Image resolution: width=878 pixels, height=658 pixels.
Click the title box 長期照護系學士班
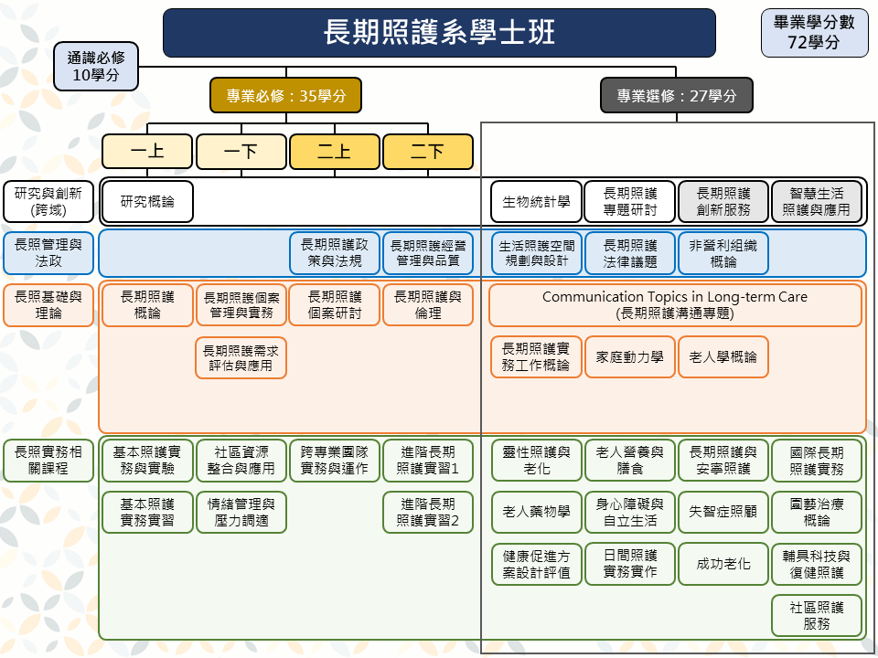tap(439, 33)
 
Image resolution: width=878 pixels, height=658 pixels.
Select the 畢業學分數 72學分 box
tap(813, 33)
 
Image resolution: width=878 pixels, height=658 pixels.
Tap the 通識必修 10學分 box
tap(96, 67)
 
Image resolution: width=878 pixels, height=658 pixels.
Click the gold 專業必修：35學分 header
tap(285, 95)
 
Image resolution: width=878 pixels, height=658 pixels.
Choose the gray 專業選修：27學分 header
tap(676, 95)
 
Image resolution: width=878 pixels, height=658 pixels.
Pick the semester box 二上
tap(334, 152)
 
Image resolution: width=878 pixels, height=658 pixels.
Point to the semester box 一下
tap(241, 152)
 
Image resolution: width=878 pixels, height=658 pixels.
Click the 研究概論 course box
tap(147, 201)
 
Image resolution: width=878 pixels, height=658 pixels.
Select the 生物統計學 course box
tap(536, 201)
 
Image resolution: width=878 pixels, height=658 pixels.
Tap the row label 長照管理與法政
tap(48, 253)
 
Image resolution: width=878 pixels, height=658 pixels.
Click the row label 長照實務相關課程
tap(48, 461)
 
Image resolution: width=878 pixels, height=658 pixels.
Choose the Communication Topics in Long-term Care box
tap(675, 305)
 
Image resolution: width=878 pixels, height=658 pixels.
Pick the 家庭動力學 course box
tap(630, 357)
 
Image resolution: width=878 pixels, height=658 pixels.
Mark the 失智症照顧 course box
tap(723, 512)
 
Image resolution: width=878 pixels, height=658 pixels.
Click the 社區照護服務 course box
tap(817, 616)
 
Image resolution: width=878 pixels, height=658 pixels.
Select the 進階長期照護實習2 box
tap(428, 512)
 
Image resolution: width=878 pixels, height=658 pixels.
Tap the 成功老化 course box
tap(723, 564)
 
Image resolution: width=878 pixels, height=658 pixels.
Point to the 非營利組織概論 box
tap(723, 253)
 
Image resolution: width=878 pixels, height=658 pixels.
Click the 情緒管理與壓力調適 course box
tap(241, 512)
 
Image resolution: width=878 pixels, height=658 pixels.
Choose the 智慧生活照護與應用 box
tap(817, 201)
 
